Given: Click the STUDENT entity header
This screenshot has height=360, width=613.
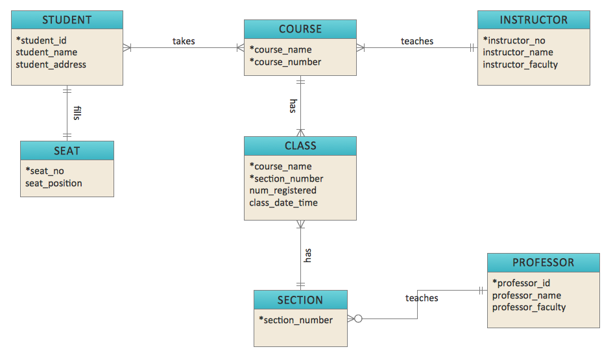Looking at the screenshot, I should (67, 20).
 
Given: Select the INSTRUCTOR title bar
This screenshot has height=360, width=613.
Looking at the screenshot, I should (533, 20).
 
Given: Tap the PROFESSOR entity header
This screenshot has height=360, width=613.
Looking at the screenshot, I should (543, 263).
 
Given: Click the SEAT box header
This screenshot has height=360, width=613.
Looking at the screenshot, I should (67, 150).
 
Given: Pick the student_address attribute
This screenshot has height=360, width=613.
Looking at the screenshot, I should (51, 64).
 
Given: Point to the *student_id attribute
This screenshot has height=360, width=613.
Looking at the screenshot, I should (42, 40).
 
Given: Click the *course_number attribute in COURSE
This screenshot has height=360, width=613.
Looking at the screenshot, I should (285, 62).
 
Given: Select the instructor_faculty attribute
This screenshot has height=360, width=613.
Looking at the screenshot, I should (520, 64).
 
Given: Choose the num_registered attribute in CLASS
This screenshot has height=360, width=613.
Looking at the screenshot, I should (283, 191).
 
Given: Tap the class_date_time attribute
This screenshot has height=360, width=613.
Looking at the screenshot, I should (283, 202).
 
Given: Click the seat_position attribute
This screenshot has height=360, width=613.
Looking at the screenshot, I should (54, 183).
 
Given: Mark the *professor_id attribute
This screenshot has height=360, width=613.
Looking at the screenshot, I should (521, 283).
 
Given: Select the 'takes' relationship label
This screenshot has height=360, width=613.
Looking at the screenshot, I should (184, 41).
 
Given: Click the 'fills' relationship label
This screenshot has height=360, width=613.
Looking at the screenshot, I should (77, 114).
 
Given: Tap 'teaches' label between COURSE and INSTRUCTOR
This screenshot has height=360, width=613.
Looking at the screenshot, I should (416, 41).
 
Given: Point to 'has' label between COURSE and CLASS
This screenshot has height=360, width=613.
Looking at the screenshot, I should (293, 106).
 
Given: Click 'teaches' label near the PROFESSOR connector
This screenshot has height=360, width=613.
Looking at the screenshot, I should (422, 298).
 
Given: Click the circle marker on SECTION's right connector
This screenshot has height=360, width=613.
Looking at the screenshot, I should (357, 318).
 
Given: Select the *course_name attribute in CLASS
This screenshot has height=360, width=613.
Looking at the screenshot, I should (280, 166).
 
